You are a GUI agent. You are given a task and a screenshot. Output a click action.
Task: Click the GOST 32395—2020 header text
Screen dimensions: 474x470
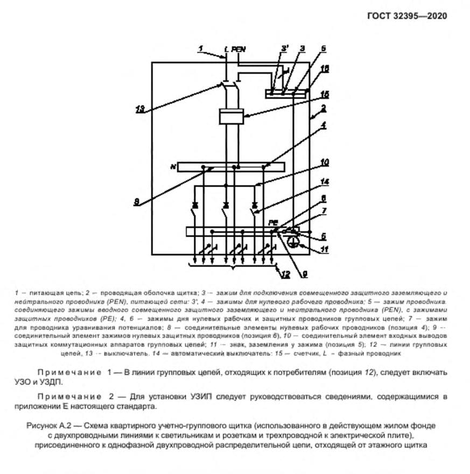[x=407, y=15]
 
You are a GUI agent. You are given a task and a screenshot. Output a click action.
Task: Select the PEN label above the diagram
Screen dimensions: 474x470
[x=239, y=49]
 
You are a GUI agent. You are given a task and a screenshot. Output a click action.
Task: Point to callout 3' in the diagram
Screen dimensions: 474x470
[x=285, y=49]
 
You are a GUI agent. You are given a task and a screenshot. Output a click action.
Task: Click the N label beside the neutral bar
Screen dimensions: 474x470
[x=173, y=167]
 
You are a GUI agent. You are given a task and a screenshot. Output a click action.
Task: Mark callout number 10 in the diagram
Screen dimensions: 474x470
[x=324, y=161]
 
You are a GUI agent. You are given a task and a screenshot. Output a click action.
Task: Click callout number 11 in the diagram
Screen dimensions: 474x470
[x=325, y=250]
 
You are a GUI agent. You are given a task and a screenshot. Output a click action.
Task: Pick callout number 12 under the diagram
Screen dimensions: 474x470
[x=285, y=274]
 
